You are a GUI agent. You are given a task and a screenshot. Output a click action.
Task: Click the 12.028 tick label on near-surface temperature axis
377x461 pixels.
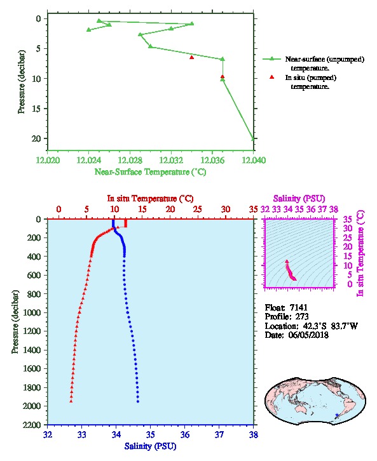(x=130, y=160)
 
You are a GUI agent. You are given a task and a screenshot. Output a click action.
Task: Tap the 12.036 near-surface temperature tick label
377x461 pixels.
(x=212, y=160)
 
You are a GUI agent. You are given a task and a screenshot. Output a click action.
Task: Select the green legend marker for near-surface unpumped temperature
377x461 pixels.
(x=271, y=59)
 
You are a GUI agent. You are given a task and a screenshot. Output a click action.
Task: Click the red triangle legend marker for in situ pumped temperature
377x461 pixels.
(x=271, y=77)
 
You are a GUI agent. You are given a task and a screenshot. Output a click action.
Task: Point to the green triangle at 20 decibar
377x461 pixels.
(x=252, y=138)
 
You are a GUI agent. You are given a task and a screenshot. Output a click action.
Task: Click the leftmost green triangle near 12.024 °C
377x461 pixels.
(x=88, y=29)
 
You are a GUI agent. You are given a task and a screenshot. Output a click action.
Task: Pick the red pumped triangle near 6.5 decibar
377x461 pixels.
(x=191, y=57)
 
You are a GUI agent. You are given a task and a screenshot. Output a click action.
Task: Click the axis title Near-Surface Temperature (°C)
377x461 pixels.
(x=150, y=172)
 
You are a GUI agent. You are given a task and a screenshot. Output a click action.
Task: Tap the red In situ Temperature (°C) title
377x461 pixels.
(x=150, y=199)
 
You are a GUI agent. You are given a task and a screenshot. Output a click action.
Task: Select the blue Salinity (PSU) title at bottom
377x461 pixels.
(x=151, y=446)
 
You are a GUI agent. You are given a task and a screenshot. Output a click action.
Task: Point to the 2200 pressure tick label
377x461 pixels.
(x=32, y=425)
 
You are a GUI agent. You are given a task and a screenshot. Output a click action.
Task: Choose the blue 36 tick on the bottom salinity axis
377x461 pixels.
(x=185, y=434)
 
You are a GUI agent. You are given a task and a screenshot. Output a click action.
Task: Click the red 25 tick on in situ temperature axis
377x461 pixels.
(x=198, y=210)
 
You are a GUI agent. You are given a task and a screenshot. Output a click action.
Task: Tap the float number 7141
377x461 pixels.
(x=299, y=307)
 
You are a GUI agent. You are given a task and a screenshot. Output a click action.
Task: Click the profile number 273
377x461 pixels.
(x=302, y=317)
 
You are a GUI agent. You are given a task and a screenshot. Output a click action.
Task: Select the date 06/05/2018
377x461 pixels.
(x=308, y=335)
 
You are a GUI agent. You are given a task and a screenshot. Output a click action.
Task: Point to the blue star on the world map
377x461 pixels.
(x=337, y=415)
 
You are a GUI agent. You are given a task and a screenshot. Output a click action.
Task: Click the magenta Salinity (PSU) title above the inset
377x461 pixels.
(x=299, y=199)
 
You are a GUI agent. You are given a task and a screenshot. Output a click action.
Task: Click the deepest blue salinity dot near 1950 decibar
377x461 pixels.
(x=138, y=401)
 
